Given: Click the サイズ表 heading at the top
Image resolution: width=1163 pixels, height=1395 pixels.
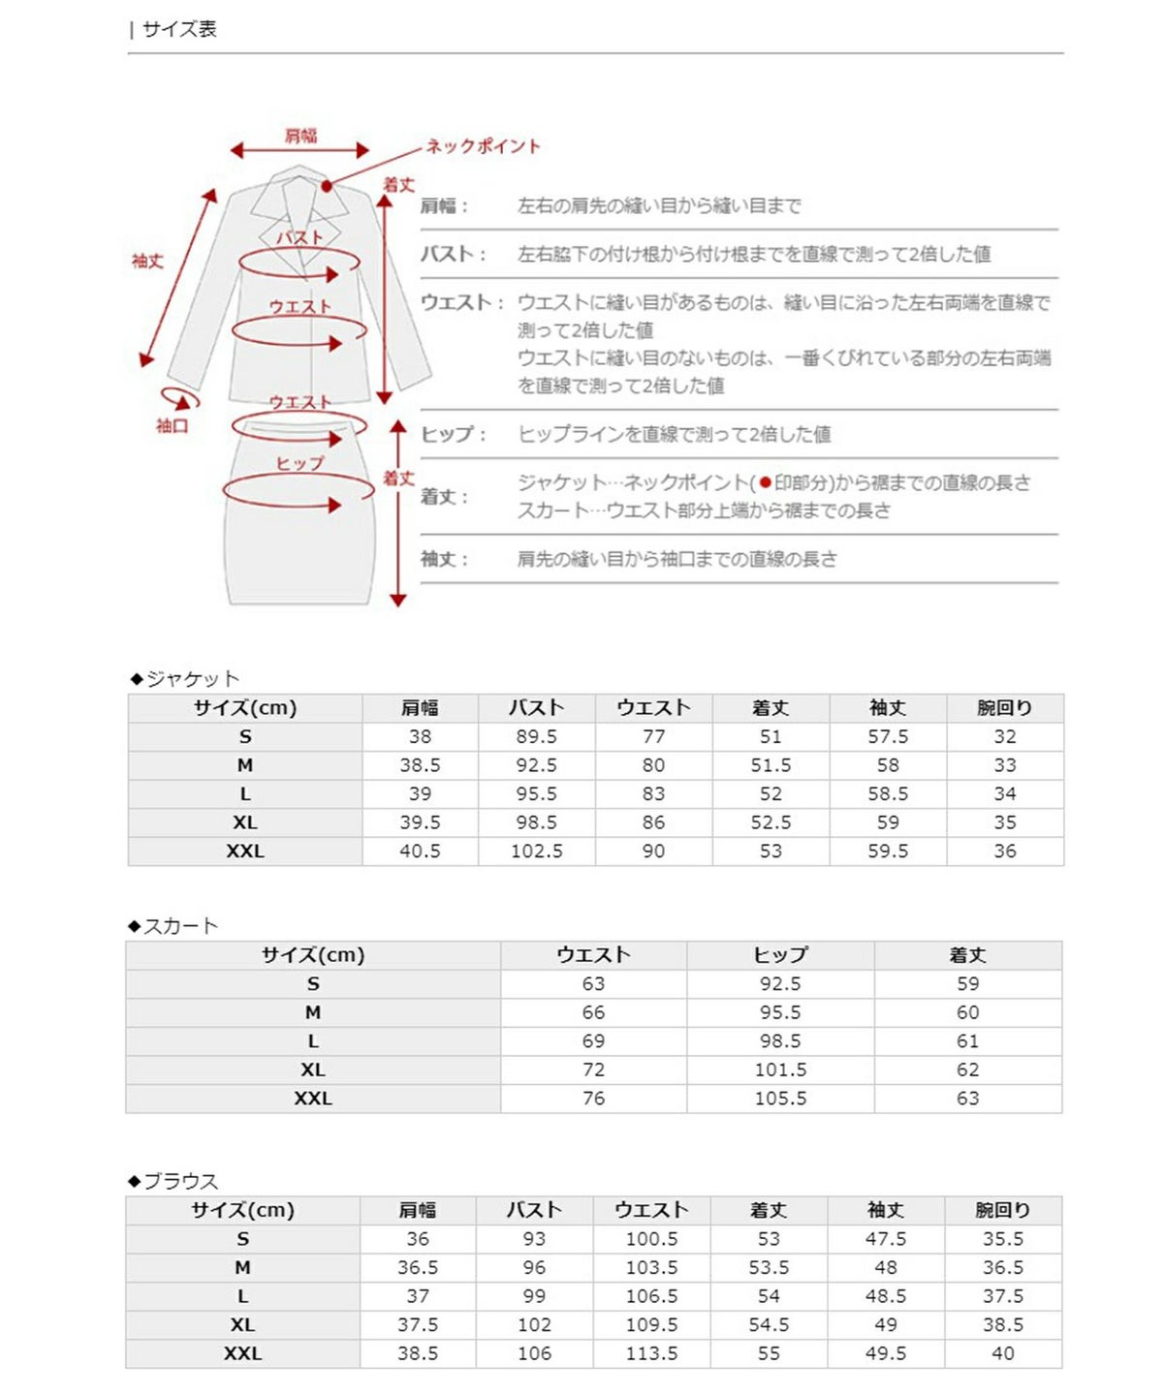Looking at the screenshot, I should pyautogui.click(x=178, y=29).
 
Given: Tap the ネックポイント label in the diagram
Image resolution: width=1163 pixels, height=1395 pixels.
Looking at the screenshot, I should pyautogui.click(x=483, y=146).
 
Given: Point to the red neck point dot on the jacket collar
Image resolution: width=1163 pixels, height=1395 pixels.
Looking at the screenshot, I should pyautogui.click(x=327, y=186).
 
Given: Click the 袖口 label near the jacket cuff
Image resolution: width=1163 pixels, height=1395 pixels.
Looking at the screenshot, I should pyautogui.click(x=172, y=425).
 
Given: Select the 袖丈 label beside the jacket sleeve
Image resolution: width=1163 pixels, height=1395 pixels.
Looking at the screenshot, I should pyautogui.click(x=147, y=261).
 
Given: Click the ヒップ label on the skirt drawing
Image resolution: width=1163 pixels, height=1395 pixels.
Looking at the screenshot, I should pyautogui.click(x=299, y=463).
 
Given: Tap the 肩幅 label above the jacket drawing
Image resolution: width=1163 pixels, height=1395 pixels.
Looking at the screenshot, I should pyautogui.click(x=300, y=136).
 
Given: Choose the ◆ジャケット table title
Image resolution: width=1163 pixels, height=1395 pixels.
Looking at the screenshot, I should pyautogui.click(x=185, y=678).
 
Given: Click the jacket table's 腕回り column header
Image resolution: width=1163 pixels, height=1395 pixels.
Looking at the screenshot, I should pyautogui.click(x=1004, y=708).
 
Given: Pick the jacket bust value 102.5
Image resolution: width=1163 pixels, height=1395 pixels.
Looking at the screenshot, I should pyautogui.click(x=536, y=851).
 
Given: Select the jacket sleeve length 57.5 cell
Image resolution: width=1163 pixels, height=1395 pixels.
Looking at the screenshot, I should pyautogui.click(x=888, y=736).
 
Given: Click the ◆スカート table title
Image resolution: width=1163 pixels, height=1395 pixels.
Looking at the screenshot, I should pyautogui.click(x=173, y=926).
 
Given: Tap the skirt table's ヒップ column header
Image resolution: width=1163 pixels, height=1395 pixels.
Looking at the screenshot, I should pyautogui.click(x=780, y=955).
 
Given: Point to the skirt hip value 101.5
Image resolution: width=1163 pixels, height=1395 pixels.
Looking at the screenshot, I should pyautogui.click(x=780, y=1069).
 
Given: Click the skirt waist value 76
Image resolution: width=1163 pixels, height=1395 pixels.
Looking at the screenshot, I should pyautogui.click(x=593, y=1099).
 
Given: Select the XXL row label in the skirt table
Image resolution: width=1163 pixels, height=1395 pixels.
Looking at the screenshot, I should pyautogui.click(x=312, y=1099).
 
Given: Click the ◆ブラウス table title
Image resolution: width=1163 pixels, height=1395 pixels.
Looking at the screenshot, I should pyautogui.click(x=173, y=1181).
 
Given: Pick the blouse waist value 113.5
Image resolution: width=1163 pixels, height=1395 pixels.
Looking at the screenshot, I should pyautogui.click(x=651, y=1353).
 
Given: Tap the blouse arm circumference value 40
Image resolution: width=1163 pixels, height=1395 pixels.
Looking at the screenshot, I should pyautogui.click(x=1003, y=1353).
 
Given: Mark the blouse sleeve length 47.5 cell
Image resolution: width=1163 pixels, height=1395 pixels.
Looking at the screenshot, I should pyautogui.click(x=886, y=1239).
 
